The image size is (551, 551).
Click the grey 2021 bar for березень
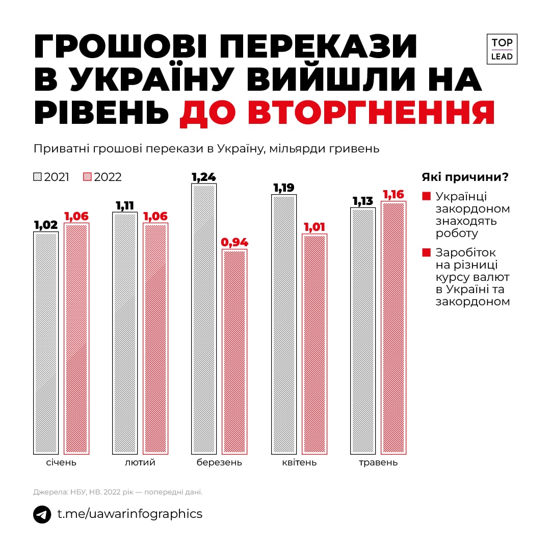coord(204,319)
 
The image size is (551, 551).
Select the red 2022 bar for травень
coord(393,327)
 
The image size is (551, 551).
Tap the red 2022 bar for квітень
coord(314,344)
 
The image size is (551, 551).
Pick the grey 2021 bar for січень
coord(46,343)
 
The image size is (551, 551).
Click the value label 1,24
coord(203,177)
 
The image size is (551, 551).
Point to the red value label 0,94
coord(234,243)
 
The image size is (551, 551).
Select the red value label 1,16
coord(393,195)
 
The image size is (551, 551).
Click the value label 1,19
coord(284,188)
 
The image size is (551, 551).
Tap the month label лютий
coord(140,463)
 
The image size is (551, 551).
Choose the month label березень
coord(219,463)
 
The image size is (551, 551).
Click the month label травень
coord(378,463)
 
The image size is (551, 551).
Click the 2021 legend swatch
coord(37,177)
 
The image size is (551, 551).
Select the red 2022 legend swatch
coord(87,177)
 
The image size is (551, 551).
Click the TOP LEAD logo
coord(502,49)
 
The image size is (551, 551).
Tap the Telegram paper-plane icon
coord(42,514)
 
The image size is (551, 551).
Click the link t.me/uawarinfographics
coord(129,514)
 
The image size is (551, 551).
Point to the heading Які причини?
coord(465,177)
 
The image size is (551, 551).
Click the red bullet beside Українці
coord(426,196)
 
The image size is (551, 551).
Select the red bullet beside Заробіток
coord(426,252)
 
